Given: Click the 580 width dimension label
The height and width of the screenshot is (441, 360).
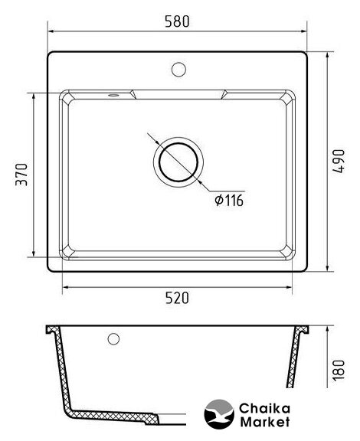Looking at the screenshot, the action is [177, 21].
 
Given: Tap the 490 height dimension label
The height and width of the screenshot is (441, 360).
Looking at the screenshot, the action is [338, 161].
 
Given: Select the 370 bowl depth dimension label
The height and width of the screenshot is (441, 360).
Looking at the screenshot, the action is [21, 175].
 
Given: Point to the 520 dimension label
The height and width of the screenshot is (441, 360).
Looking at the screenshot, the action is [177, 298].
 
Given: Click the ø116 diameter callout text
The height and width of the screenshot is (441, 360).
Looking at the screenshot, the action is [229, 201].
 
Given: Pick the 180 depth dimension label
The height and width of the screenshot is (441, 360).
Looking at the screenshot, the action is [339, 371].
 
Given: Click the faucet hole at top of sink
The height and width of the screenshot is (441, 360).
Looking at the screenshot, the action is [178, 70].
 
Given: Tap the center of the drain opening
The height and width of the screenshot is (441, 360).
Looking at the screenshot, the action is [178, 162].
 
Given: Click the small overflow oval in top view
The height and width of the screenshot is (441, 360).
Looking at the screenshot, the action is [113, 95].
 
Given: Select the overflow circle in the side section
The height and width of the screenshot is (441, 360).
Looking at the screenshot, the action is [113, 339].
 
